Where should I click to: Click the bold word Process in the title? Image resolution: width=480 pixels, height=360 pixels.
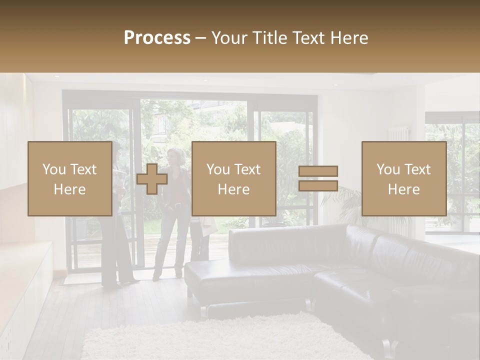click(x=157, y=38)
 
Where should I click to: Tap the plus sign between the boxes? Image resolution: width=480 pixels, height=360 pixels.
click(x=152, y=179)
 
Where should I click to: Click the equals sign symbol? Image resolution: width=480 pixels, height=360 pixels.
click(x=318, y=178)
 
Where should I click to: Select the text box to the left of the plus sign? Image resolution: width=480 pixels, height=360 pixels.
click(x=70, y=178)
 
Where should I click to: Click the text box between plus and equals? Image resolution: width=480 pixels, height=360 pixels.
click(x=233, y=178)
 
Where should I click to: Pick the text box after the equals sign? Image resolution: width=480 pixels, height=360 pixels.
click(x=403, y=178)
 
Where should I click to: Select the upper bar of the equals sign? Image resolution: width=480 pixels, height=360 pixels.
click(x=318, y=171)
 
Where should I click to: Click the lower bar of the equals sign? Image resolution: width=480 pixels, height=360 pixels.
click(x=318, y=185)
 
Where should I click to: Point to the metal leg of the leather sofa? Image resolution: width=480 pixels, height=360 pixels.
click(x=203, y=311)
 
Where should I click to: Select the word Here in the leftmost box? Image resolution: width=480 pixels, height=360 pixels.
click(x=70, y=189)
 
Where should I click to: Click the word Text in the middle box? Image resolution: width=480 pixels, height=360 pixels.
click(x=247, y=169)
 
